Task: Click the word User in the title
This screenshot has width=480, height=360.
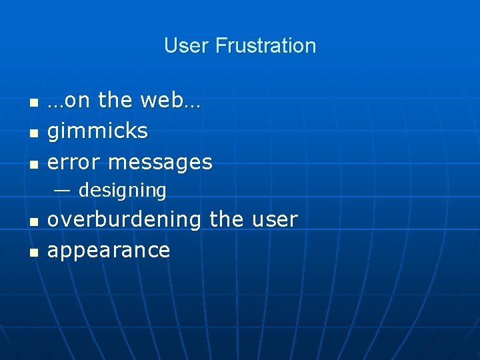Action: (187, 46)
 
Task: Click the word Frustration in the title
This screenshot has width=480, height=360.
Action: (265, 46)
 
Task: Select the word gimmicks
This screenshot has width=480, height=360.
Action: (97, 131)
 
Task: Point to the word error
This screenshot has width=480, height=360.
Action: (74, 162)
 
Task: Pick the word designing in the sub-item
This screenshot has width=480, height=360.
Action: (122, 191)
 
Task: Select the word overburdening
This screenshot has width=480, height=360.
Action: (125, 219)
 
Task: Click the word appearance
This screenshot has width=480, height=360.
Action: (109, 251)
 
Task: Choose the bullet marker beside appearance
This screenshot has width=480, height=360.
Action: (33, 253)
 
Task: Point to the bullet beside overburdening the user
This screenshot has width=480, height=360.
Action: (33, 221)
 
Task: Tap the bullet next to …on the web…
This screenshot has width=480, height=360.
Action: (33, 103)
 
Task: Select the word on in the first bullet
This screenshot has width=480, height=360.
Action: (78, 100)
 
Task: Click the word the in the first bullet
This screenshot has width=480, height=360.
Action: (115, 100)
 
